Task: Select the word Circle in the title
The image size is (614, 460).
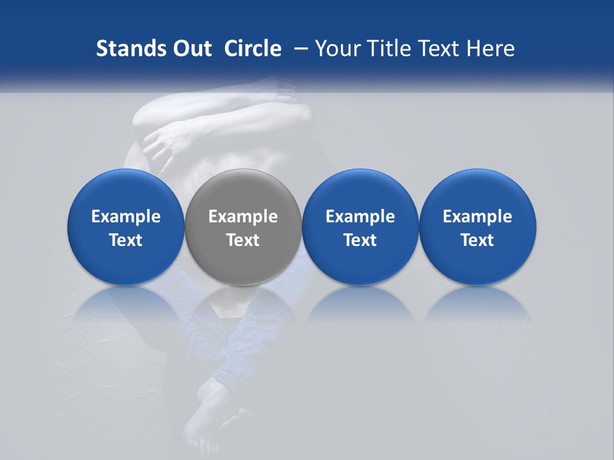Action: (253, 49)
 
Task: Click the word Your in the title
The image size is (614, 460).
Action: (336, 49)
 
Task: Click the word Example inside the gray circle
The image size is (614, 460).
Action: (243, 217)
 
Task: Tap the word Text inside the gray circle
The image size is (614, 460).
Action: (243, 240)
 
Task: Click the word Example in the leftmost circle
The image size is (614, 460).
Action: (125, 217)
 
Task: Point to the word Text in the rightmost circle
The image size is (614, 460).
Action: (478, 240)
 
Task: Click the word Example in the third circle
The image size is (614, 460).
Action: (360, 217)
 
